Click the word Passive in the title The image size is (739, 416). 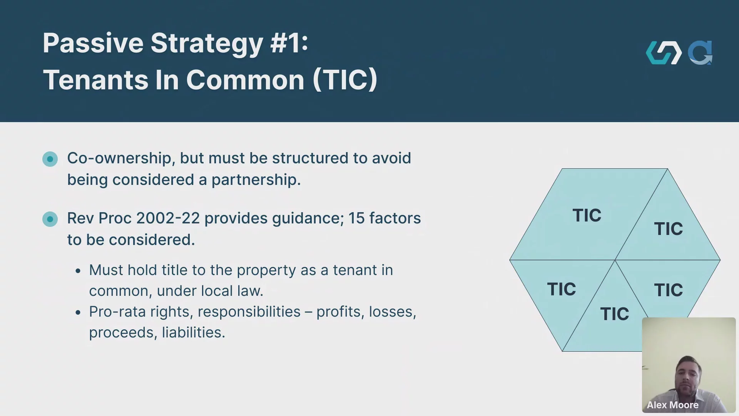[x=93, y=43]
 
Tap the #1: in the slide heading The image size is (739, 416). [x=289, y=43]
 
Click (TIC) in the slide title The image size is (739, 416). [x=345, y=80]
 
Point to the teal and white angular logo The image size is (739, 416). [x=664, y=53]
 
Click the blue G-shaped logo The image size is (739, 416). [x=700, y=53]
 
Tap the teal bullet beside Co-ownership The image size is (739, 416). [x=50, y=159]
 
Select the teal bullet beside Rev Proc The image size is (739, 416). [x=50, y=219]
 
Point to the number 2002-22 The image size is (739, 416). [x=168, y=218]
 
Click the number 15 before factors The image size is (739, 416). [x=356, y=218]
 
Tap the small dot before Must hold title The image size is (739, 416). [x=78, y=271]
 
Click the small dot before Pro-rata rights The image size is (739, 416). [x=78, y=312]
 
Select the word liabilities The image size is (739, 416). [x=193, y=332]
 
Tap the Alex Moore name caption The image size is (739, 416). [x=672, y=405]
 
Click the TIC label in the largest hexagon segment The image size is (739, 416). [x=587, y=215]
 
